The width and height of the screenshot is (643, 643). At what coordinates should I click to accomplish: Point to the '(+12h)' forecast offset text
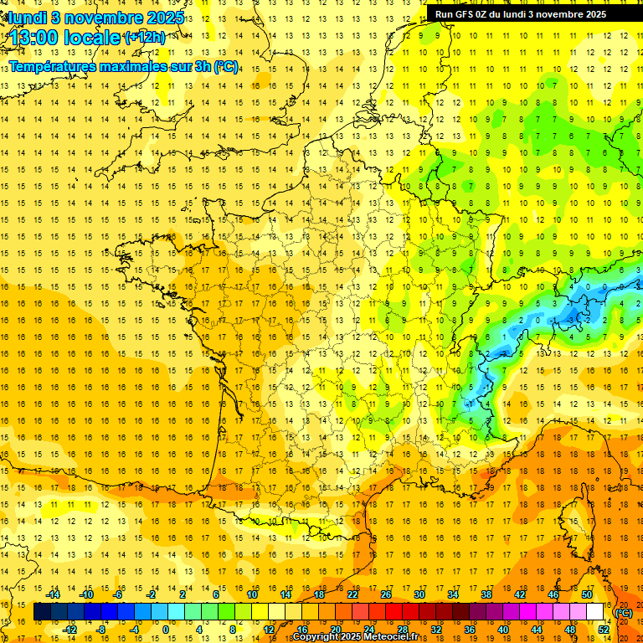[144, 37]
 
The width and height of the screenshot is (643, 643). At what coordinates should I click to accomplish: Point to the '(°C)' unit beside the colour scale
[624, 613]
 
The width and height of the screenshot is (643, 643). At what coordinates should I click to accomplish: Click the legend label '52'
[604, 630]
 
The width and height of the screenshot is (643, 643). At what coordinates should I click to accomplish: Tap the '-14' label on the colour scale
[54, 594]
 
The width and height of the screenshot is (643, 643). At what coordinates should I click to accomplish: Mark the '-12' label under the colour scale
[70, 630]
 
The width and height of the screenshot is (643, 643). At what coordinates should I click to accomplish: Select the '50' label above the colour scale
[587, 594]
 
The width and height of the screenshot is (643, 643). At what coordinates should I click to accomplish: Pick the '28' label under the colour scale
[403, 630]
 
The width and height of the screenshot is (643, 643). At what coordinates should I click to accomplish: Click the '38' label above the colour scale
[486, 594]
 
